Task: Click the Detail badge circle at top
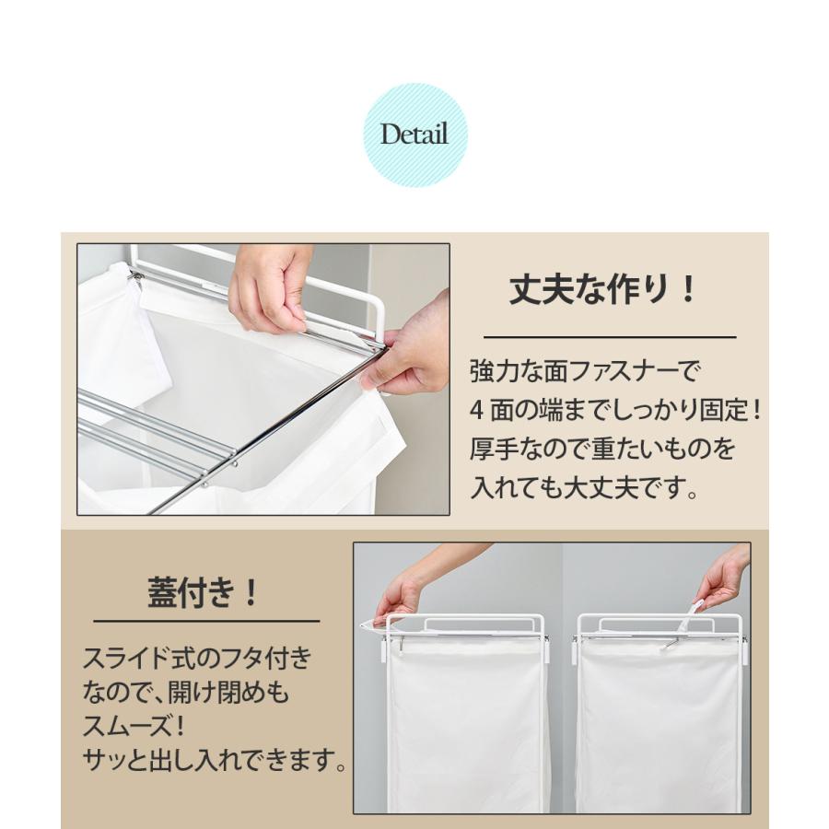coord(414,134)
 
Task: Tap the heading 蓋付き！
coord(204,591)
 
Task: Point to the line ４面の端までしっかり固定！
coord(616,411)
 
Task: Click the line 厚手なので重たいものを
coord(603,450)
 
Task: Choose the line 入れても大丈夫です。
coord(583,487)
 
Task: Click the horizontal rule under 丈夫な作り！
coord(610,337)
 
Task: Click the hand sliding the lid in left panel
coord(398,591)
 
